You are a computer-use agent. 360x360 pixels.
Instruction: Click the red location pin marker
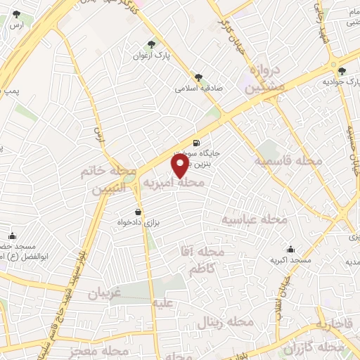tap(180, 165)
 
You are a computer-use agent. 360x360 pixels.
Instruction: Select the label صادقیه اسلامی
tap(194, 89)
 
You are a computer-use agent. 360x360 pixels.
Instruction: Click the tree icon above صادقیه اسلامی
tap(199, 78)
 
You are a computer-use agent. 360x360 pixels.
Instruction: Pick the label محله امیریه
tap(174, 183)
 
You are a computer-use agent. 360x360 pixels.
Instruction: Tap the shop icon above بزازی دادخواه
tap(137, 212)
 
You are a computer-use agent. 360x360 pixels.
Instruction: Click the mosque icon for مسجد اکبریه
tap(290, 249)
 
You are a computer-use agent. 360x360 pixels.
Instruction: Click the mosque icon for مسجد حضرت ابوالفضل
tap(11, 236)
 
